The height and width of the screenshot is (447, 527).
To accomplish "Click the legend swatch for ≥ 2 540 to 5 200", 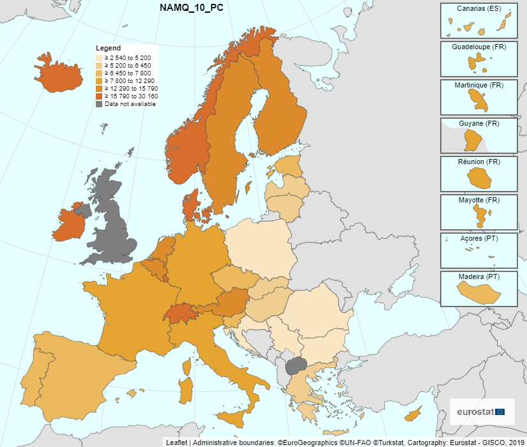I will click(x=100, y=58).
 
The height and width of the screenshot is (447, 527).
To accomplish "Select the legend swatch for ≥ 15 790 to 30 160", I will click(x=100, y=96).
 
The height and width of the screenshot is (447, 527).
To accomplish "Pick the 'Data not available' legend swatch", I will click(x=100, y=103).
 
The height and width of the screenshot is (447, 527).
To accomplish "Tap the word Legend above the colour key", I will click(x=108, y=48).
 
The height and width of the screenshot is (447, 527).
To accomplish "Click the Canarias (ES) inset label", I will click(x=478, y=8).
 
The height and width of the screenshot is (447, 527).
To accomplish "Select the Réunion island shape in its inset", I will click(x=479, y=180).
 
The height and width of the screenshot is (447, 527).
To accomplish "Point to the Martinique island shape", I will click(x=478, y=100).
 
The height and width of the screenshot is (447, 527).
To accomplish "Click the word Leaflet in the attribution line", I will click(x=176, y=442).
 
